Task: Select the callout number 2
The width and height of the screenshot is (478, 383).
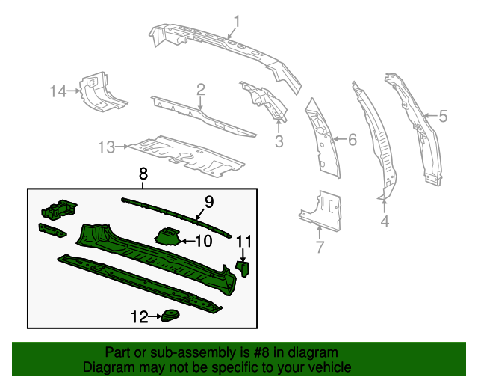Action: coord(201,91)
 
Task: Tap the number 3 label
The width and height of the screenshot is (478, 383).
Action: coord(279,141)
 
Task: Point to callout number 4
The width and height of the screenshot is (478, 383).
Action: coord(384,221)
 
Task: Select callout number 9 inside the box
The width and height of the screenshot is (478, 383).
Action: coord(209,200)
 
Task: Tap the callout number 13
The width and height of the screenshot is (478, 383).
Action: coord(108,147)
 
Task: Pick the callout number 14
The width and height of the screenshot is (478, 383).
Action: coord(58,91)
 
